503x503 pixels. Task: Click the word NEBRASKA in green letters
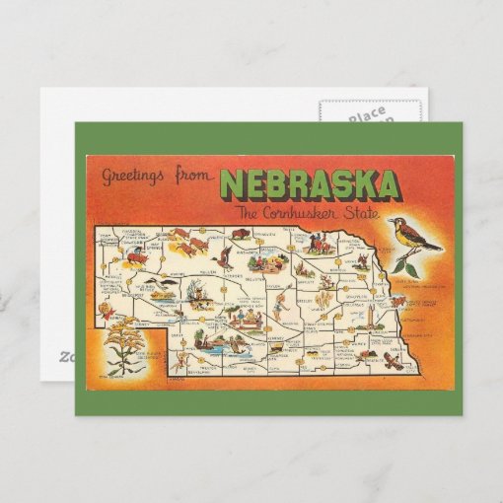tap(310, 185)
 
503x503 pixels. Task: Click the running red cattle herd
tap(198, 242)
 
